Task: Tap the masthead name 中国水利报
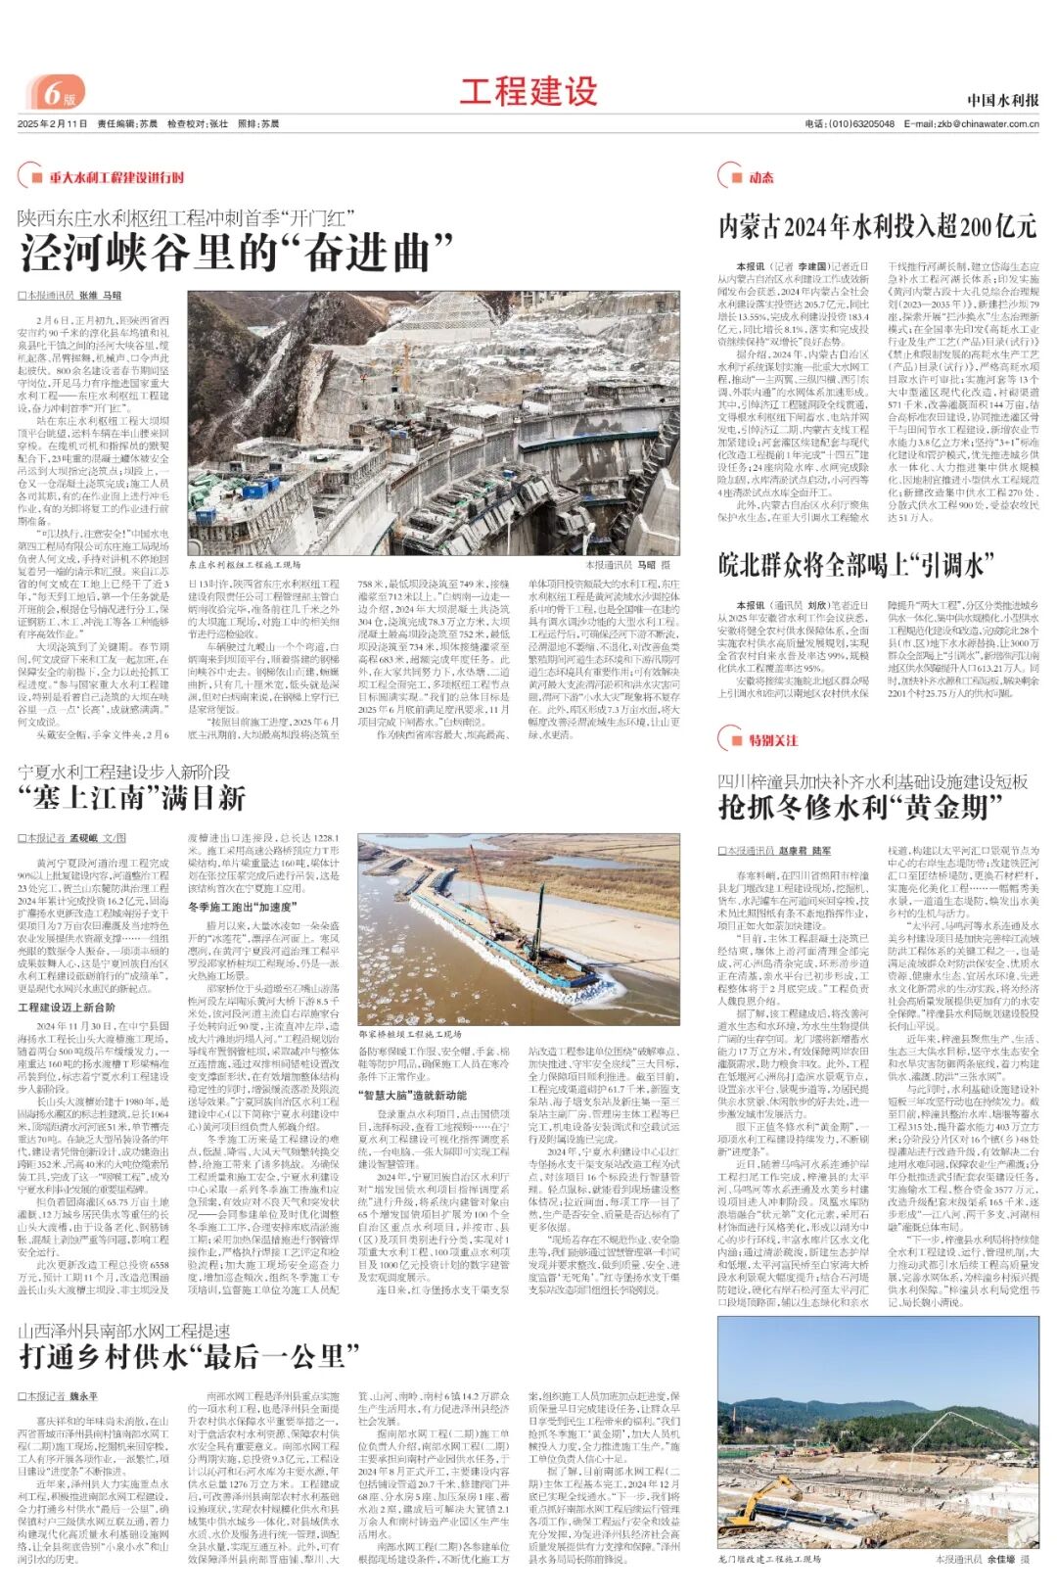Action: click(1002, 100)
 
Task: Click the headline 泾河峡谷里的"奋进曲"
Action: click(237, 253)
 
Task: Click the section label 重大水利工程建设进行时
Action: click(115, 177)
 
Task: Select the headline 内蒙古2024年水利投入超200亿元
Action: click(877, 226)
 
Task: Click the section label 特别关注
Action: click(772, 740)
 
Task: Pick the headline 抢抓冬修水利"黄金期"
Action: click(853, 807)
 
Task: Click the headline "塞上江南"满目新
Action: click(131, 798)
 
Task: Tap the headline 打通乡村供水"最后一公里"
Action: click(182, 1356)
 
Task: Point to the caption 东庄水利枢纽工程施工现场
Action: click(245, 565)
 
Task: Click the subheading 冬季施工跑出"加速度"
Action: click(233, 907)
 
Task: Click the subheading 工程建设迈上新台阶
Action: click(67, 1007)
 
